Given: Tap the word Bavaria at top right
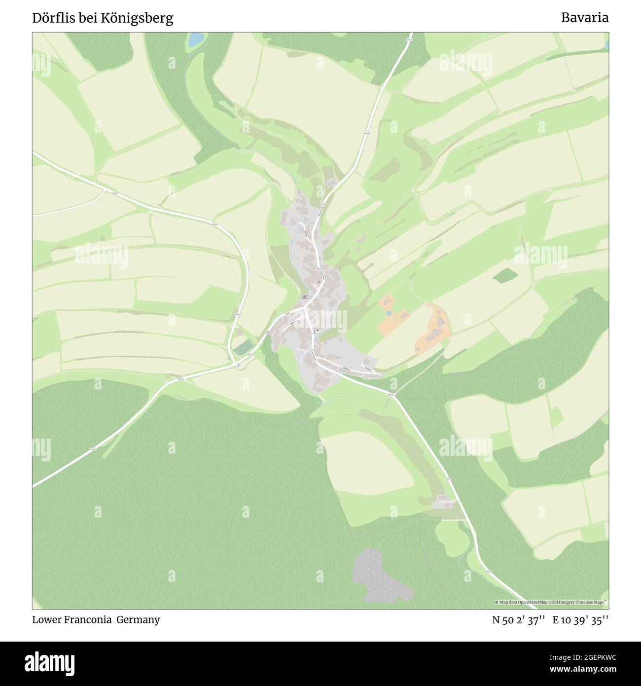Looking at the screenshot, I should pyautogui.click(x=584, y=18).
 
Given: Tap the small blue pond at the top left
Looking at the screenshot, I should pyautogui.click(x=196, y=39).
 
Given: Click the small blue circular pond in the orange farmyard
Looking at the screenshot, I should pyautogui.click(x=389, y=313).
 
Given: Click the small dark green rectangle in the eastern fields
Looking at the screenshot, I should pyautogui.click(x=503, y=276).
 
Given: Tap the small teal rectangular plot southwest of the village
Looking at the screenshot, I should pyautogui.click(x=242, y=348).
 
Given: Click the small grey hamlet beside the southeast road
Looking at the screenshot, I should pyautogui.click(x=443, y=503).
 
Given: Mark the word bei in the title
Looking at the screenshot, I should pyautogui.click(x=86, y=18).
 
